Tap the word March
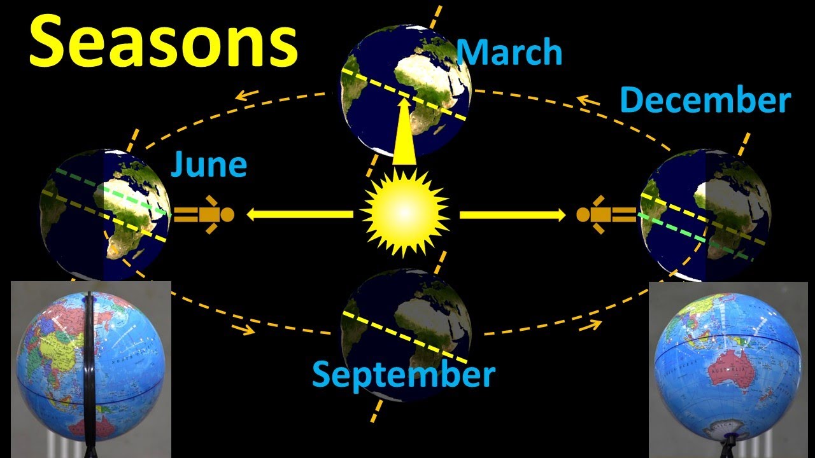pos(509,52)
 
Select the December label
pos(705,101)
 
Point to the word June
pos(208,164)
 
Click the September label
pos(403,375)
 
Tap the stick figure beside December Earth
pos(605,214)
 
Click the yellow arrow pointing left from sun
pos(299,214)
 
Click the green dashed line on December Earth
pos(700,237)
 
